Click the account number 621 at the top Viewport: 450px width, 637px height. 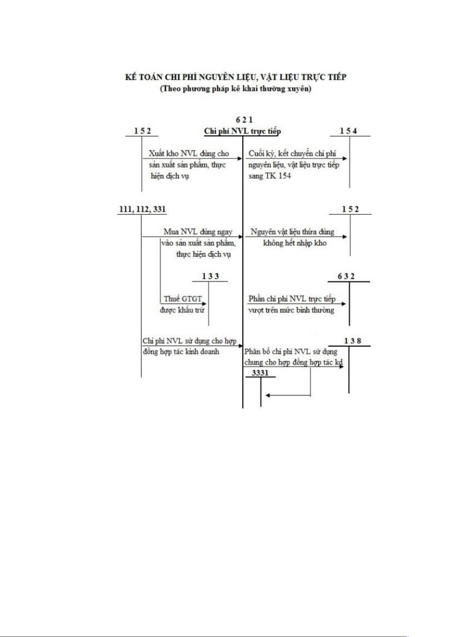tap(244, 120)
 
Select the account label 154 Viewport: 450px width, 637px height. tap(348, 131)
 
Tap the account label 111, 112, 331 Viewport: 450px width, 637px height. tap(142, 209)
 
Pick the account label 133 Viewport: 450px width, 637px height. tap(210, 276)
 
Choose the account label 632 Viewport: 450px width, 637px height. tap(346, 276)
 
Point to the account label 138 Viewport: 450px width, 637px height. tap(353, 341)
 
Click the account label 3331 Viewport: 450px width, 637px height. tap(260, 373)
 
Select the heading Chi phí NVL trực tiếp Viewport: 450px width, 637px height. tap(242, 131)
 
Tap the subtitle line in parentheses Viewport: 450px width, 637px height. tap(236, 89)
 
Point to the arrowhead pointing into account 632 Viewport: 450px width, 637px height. tap(344, 304)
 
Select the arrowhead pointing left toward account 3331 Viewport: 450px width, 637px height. tap(268, 395)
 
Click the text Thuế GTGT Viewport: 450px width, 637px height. tap(183, 299)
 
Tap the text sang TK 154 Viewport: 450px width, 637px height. tap(270, 176)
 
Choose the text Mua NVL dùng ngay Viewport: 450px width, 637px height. tap(198, 232)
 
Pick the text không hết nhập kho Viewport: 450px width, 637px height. tap(294, 243)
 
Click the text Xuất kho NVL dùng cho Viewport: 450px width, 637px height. tap(189, 153)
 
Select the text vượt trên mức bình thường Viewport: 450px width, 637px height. tap(291, 310)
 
